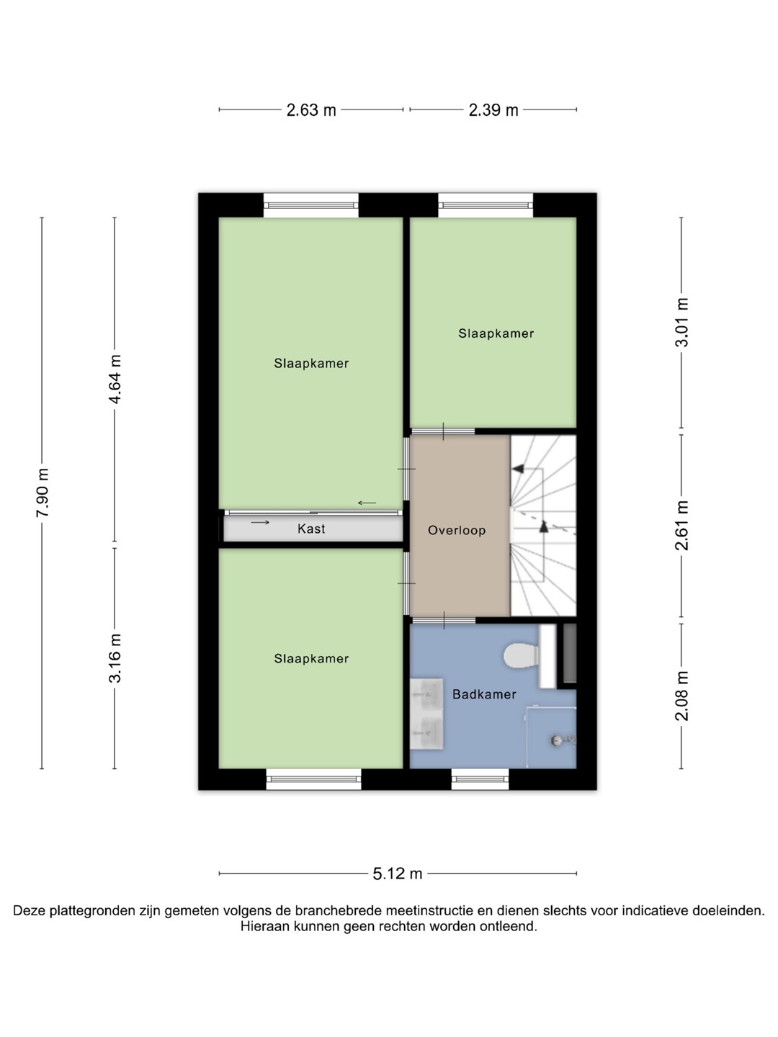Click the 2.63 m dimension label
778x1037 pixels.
[x=310, y=110]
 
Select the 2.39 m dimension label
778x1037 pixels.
[x=493, y=110]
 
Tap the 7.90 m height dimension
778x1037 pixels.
[x=43, y=493]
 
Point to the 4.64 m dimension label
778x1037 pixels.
[x=115, y=379]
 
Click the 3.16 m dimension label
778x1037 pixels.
[x=115, y=658]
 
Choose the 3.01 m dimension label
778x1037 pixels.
[x=681, y=322]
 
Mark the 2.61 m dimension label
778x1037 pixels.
[x=681, y=526]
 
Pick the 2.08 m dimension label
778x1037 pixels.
[x=681, y=696]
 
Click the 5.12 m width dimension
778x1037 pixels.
[x=397, y=874]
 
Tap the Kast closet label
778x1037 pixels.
[x=311, y=529]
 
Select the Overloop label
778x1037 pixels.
[x=457, y=531]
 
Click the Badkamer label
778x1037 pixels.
[x=484, y=694]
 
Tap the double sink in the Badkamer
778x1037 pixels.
[x=426, y=714]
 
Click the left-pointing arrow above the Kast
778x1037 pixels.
[x=367, y=503]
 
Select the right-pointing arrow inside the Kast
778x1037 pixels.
[x=260, y=522]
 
